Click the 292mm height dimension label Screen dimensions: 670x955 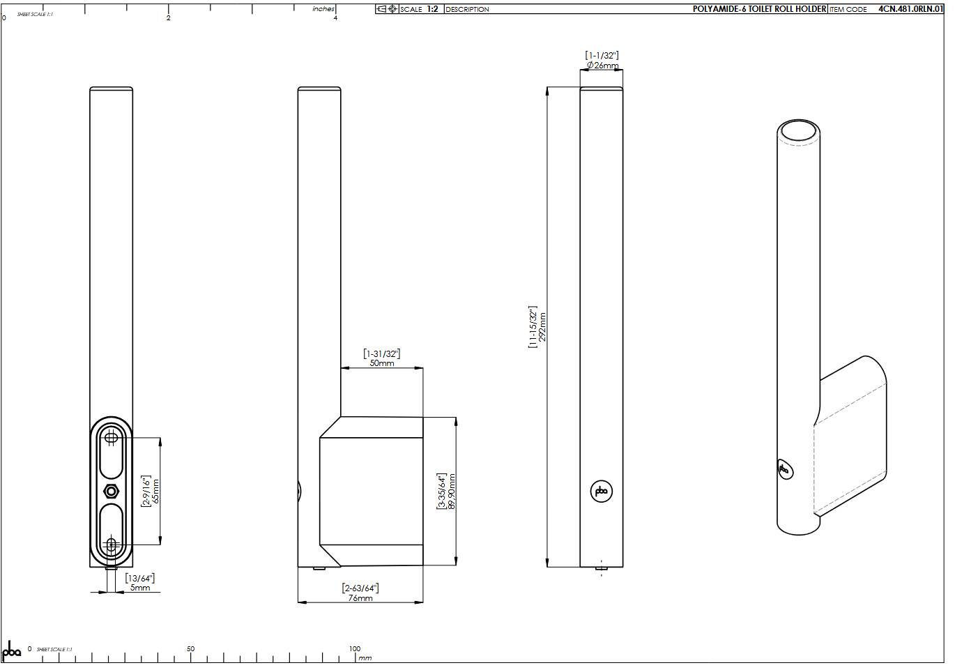(542, 326)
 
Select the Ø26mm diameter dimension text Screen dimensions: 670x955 (602, 66)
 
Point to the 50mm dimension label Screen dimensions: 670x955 (381, 363)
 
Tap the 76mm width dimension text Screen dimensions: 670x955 (360, 598)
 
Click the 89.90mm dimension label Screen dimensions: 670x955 (452, 492)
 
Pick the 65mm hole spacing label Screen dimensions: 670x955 (155, 492)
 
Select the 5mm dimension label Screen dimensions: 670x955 (140, 588)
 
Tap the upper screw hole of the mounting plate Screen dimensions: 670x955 (111, 437)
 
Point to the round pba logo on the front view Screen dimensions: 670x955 (601, 492)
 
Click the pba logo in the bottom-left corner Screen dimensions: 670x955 (12, 650)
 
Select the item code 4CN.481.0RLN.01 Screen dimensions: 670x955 (911, 9)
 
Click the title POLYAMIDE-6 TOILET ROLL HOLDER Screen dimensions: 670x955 (759, 9)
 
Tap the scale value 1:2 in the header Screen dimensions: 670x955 (432, 9)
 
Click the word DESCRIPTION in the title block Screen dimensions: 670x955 (467, 9)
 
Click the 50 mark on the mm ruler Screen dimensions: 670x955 (190, 649)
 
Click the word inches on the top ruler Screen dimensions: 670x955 (323, 9)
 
